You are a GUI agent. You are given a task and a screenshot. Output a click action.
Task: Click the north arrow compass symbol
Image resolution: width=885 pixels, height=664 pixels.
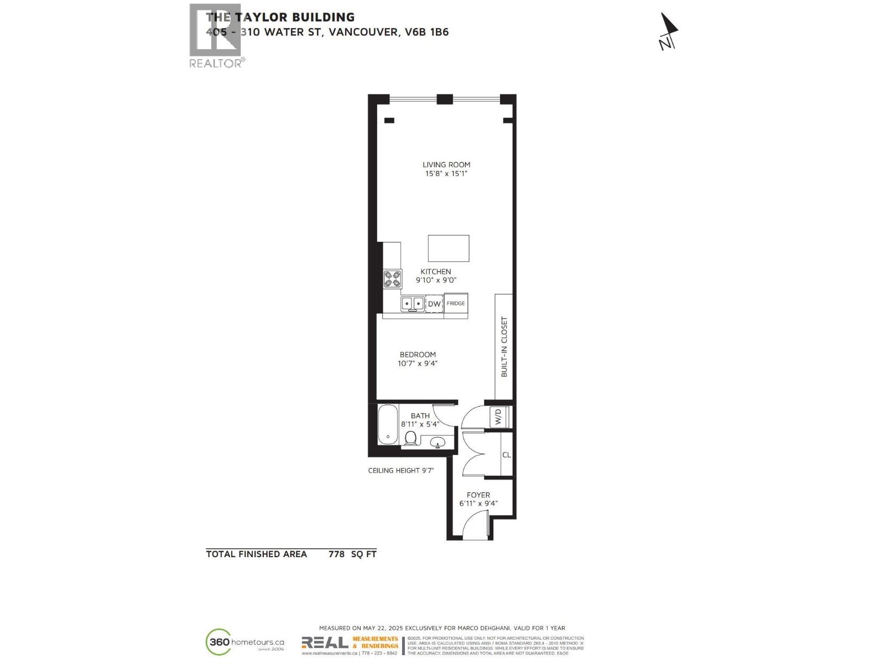[x=669, y=32]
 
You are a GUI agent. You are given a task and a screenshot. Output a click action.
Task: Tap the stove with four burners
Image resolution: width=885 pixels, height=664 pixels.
[x=393, y=279]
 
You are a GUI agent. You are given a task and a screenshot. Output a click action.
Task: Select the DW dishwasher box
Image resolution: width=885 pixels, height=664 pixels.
[x=434, y=304]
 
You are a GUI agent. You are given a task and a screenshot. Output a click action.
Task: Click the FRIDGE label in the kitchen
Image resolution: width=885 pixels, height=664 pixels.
[x=456, y=303]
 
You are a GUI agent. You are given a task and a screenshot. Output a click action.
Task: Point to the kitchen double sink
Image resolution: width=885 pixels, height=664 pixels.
[x=412, y=303]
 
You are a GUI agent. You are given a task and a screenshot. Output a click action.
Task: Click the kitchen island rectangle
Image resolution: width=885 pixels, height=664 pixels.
[x=449, y=248]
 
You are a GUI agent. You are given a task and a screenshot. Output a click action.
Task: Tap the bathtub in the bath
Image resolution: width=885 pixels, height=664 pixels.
[x=388, y=424]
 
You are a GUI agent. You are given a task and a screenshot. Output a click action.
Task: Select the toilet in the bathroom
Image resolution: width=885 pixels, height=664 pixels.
[x=410, y=438]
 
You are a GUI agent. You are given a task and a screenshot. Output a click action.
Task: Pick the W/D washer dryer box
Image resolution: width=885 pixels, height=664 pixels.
[x=498, y=416]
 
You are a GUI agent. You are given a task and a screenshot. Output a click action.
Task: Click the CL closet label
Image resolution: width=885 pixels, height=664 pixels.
[x=506, y=455]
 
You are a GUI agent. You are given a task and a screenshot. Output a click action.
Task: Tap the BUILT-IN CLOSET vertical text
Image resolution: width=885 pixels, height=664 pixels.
[x=504, y=347]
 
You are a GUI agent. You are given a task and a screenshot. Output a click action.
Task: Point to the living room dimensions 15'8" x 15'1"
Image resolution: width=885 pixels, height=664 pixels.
[x=446, y=174]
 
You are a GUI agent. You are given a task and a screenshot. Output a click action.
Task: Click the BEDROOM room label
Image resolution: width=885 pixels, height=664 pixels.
[x=418, y=355]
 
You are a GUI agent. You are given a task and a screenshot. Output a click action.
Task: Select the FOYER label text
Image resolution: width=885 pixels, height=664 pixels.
[x=478, y=495]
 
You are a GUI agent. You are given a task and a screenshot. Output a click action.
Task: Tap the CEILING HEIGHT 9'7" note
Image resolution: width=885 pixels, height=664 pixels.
[x=401, y=471]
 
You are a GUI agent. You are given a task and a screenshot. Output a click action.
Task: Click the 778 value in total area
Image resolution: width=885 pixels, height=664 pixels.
[x=336, y=554]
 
